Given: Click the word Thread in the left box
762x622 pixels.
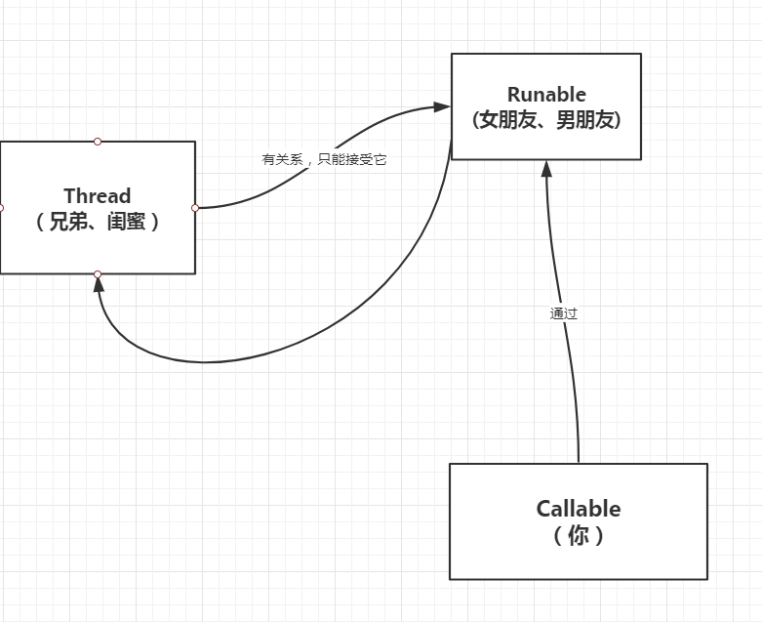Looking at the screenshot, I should (97, 196).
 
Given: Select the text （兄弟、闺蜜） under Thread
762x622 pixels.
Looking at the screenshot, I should (97, 222).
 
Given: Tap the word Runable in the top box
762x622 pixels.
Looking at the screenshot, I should (546, 95).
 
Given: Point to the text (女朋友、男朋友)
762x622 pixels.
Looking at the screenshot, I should (546, 120).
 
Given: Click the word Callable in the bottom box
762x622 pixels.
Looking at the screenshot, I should (578, 509).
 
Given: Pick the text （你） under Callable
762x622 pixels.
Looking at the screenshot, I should (578, 535).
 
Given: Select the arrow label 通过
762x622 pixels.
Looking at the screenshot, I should (563, 314).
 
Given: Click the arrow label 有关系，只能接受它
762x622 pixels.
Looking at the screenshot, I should (324, 159).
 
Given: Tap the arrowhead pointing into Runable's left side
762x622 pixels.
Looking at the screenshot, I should (442, 106).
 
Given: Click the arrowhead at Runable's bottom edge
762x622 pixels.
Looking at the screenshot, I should (546, 168).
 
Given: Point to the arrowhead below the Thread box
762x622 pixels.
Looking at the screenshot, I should (98, 284).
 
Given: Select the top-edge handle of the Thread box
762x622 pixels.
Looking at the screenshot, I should (98, 142).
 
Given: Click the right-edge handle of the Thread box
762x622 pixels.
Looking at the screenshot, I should (195, 208).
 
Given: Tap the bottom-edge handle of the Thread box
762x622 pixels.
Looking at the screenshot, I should (98, 274).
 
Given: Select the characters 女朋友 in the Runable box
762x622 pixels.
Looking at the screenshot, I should (509, 120).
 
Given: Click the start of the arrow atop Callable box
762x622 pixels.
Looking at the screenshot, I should (579, 461).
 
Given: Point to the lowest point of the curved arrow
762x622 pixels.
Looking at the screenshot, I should (205, 362).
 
